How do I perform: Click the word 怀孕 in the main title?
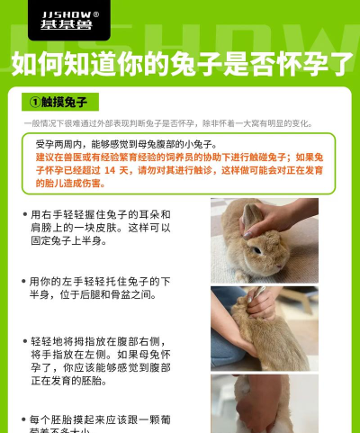(x=292, y=63)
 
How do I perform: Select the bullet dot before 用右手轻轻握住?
(x=23, y=215)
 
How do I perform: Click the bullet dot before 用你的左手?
(x=23, y=282)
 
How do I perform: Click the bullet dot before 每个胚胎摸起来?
(x=23, y=419)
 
